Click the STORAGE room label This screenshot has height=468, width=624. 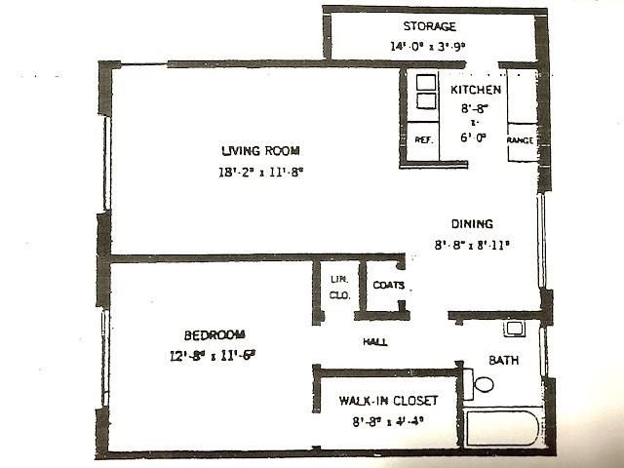[429, 26]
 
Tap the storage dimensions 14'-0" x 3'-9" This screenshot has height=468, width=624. [429, 46]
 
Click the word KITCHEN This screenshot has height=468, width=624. [476, 91]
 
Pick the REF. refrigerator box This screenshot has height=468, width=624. [424, 140]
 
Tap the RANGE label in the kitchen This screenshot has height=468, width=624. [520, 141]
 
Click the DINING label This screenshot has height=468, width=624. [471, 223]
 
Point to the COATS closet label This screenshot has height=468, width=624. [388, 286]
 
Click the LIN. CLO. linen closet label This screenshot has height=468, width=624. [338, 288]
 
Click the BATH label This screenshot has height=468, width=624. [503, 360]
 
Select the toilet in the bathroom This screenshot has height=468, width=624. [479, 383]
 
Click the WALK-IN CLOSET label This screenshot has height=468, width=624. [388, 401]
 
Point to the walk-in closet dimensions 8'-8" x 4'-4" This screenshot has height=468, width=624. [388, 422]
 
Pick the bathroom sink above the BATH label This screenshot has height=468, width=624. [514, 328]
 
